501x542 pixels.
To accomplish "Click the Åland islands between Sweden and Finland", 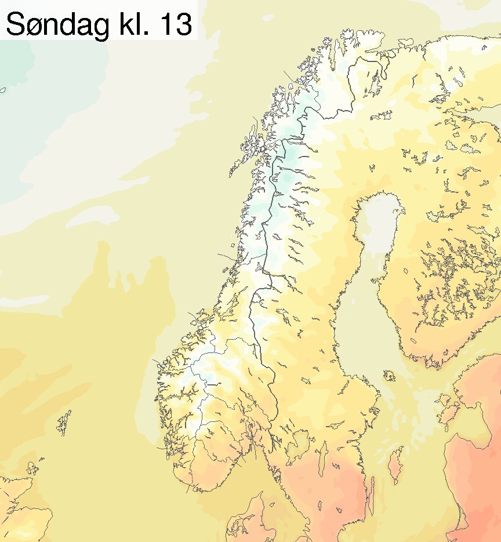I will (389, 376).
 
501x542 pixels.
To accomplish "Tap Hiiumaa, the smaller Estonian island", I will (447, 401).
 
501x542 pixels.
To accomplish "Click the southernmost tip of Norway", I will (188, 490).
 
